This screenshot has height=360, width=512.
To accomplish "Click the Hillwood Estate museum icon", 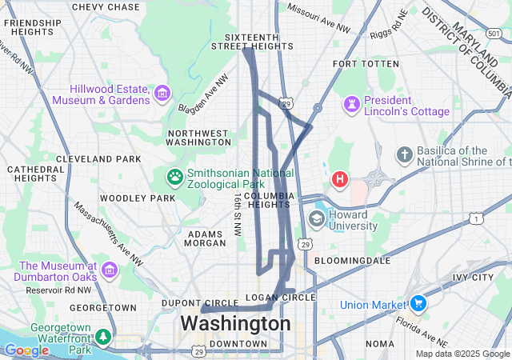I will (162, 94).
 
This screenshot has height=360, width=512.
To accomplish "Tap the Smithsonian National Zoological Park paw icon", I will (174, 175).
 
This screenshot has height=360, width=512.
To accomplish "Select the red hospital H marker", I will (340, 178).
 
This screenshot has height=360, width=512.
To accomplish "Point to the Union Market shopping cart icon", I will (417, 304).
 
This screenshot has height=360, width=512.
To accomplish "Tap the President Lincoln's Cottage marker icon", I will (351, 104).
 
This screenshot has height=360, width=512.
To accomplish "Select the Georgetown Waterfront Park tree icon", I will (102, 336).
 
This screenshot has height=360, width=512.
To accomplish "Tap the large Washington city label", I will (235, 324).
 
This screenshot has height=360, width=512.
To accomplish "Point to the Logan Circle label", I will (286, 298).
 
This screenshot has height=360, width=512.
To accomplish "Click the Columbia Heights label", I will (270, 201).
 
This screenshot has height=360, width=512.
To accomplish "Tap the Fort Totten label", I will (365, 63).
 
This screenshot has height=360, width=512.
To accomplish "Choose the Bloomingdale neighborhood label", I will (352, 261).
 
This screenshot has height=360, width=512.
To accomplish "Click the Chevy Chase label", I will (106, 7).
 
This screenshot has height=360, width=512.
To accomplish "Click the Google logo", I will (26, 350).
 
